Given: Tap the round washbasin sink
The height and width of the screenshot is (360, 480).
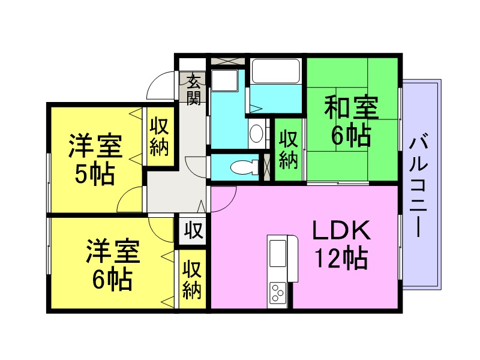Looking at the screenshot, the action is pyautogui.click(x=256, y=133).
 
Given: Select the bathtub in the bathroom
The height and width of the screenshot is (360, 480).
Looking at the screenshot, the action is pyautogui.click(x=275, y=71).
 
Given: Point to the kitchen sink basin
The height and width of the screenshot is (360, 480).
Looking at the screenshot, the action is pyautogui.click(x=278, y=253).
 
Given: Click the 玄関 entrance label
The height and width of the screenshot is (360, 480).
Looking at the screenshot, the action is pyautogui.click(x=193, y=89).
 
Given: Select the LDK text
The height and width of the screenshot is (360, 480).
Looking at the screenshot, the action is pyautogui.click(x=341, y=230).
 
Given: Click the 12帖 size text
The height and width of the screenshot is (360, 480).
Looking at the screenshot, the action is pyautogui.click(x=341, y=258).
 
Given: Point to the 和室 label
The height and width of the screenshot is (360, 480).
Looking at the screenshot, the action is pyautogui.click(x=352, y=107).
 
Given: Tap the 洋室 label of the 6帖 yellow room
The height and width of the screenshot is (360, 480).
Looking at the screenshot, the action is pyautogui.click(x=113, y=251).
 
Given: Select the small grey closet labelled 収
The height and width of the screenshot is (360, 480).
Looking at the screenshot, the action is pyautogui.click(x=193, y=230).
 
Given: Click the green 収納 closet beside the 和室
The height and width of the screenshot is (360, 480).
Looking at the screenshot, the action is pyautogui.click(x=289, y=149).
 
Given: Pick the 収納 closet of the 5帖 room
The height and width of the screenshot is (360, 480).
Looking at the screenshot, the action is pyautogui.click(x=160, y=137).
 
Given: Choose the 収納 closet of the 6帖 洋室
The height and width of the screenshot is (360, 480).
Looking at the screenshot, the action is pyautogui.click(x=192, y=279).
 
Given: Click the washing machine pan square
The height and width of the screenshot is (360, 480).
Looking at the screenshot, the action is pyautogui.click(x=224, y=80).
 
